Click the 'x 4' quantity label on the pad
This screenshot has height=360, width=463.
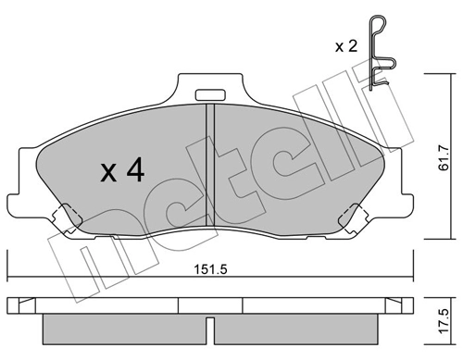pos(121,170)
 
